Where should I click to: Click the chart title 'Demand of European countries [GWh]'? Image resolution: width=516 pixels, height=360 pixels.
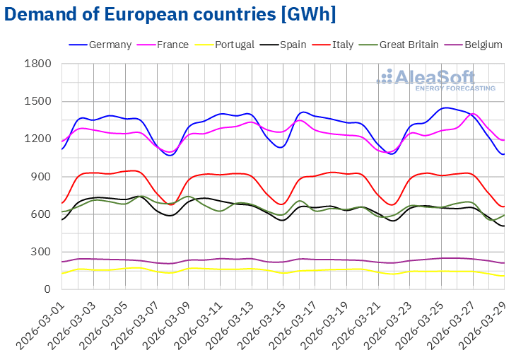point(170,14)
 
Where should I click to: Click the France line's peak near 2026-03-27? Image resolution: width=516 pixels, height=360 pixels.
point(473,114)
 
